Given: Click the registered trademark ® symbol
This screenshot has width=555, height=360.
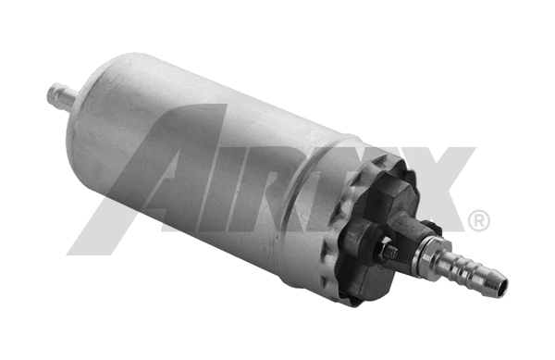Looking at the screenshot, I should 479,221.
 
